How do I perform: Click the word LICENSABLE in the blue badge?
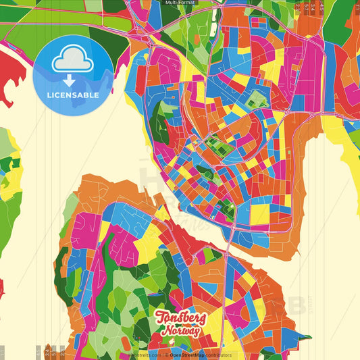[72, 95]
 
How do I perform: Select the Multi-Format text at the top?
[180, 3]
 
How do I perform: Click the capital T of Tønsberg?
[161, 317]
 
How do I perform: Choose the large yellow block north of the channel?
[259, 214]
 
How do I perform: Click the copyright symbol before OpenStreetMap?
[167, 355]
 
